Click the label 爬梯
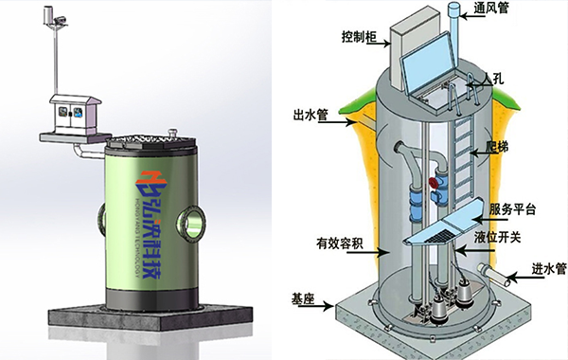click(x=500, y=149)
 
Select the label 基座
click(x=305, y=299)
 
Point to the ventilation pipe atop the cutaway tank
click(x=452, y=38)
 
